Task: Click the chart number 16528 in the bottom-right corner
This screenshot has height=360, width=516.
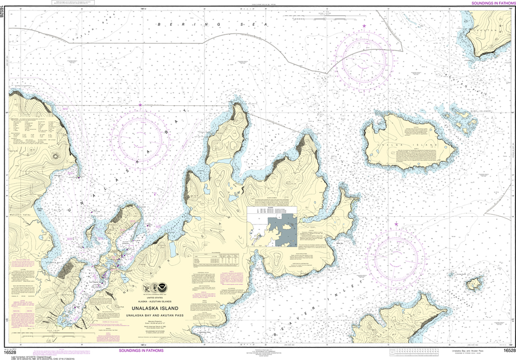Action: pyautogui.click(x=508, y=350)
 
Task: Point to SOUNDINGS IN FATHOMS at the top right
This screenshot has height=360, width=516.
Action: pyautogui.click(x=491, y=4)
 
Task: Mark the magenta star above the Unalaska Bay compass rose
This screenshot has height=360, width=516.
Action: pyautogui.click(x=140, y=104)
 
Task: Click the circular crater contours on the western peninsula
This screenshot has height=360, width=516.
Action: pyautogui.click(x=54, y=155)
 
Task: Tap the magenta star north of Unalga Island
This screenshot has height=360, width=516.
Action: pyautogui.click(x=364, y=26)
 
